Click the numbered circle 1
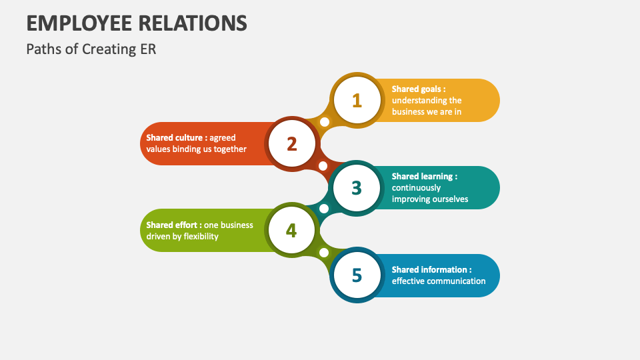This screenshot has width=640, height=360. tap(357, 101)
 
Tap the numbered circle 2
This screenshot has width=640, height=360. tap(292, 144)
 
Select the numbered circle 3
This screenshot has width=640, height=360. tap(357, 188)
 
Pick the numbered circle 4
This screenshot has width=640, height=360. tap(291, 230)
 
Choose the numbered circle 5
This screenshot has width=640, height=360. tap(357, 275)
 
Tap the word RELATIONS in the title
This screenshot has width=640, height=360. tap(192, 23)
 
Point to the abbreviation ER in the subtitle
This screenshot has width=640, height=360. tap(149, 49)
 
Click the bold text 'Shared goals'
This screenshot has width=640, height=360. tap(416, 89)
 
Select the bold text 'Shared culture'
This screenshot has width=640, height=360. tap(174, 137)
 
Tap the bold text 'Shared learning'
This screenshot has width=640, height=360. tap(422, 176)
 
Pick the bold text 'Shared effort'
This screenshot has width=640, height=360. tap(171, 225)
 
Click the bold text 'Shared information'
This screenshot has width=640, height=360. tap(429, 269)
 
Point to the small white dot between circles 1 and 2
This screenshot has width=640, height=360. tap(325, 121)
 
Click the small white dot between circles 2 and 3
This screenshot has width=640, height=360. tap(323, 166)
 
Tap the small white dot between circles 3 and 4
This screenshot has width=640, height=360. tap(324, 209)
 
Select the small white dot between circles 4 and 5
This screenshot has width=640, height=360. tap(324, 253)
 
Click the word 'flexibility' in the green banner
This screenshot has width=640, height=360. tap(201, 236)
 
